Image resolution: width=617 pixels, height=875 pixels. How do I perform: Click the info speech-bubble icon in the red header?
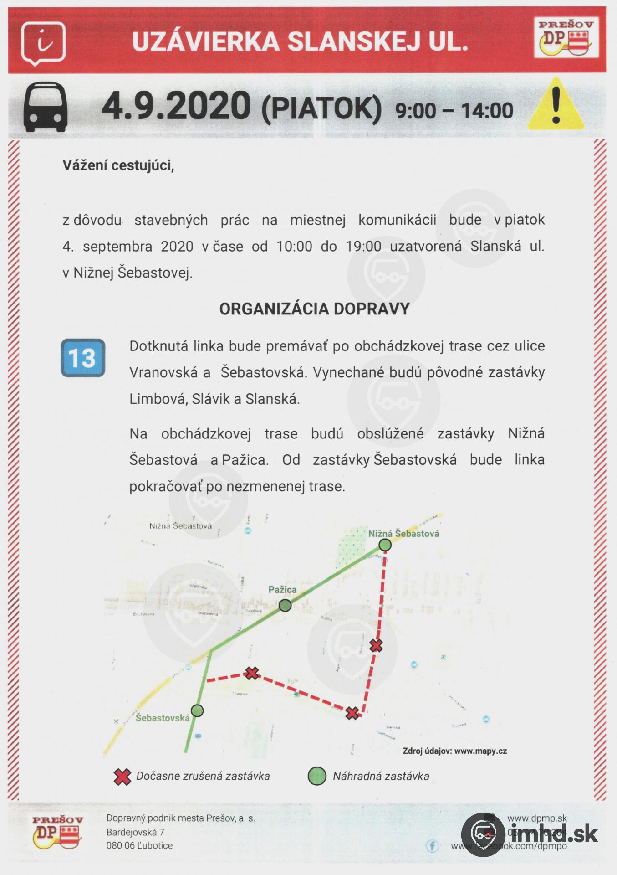(x=43, y=43)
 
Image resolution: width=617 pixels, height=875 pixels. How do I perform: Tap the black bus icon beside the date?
(x=46, y=107)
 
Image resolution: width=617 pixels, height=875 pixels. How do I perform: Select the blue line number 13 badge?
(x=83, y=358)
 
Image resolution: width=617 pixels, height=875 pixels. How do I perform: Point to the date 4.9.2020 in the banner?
(x=176, y=106)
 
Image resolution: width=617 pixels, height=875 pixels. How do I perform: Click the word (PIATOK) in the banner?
(x=321, y=108)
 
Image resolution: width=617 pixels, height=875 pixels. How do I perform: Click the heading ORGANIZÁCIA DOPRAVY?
(x=315, y=309)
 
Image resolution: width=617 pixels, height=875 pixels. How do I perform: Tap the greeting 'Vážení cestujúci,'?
(x=118, y=165)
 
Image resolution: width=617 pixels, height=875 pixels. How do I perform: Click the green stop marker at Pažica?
(x=285, y=605)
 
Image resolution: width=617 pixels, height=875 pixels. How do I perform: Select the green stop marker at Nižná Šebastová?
(x=385, y=545)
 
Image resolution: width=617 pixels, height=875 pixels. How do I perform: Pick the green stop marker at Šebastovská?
(x=197, y=710)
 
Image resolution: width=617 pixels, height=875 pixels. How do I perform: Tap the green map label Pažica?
(x=282, y=590)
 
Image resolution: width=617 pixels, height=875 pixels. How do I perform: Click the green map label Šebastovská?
(x=163, y=718)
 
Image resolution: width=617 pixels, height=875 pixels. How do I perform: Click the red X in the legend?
(x=122, y=776)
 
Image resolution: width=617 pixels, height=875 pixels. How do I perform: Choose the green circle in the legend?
(x=317, y=776)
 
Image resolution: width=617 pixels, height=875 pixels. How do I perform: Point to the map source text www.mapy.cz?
(x=480, y=751)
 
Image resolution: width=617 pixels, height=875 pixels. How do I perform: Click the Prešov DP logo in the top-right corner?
(x=566, y=38)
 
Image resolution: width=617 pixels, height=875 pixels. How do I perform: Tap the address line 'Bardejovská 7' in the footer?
(x=135, y=832)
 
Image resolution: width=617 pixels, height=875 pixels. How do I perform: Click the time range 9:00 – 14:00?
(x=454, y=111)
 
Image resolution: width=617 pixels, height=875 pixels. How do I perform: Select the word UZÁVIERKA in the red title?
(x=205, y=42)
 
